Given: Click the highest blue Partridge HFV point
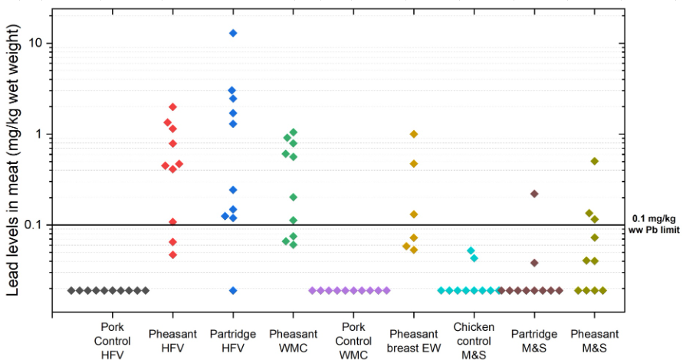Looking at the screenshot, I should [x=233, y=33].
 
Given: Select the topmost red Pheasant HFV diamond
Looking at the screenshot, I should [x=172, y=106].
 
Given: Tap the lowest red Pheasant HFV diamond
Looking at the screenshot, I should [x=172, y=254].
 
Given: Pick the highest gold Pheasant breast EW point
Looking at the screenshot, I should [x=414, y=134].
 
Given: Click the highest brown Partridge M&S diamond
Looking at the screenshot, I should [x=534, y=194].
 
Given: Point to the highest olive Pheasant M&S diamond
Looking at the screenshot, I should [x=594, y=161].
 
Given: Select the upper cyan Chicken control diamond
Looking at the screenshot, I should [x=471, y=250].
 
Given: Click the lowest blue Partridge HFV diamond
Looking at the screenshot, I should [x=233, y=290].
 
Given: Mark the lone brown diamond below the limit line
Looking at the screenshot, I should [x=534, y=263].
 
